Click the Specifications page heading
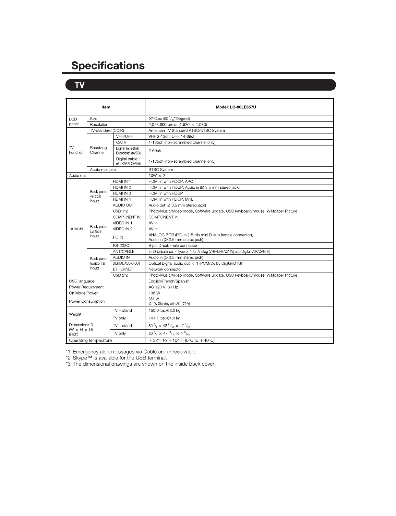[108, 66]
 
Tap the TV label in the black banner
[79, 85]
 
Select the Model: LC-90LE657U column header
[236, 107]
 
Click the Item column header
[106, 107]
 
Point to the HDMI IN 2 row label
[122, 187]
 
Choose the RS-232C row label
[121, 245]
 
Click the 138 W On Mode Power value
[154, 293]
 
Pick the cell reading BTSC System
[161, 170]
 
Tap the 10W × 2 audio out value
[157, 176]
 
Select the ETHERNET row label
[123, 269]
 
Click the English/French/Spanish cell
[169, 281]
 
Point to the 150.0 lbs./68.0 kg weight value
[164, 310]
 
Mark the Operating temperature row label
[90, 340]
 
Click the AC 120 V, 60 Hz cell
[163, 287]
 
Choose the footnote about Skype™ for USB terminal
[116, 358]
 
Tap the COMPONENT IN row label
[126, 217]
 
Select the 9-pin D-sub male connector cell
[173, 245]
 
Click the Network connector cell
[165, 269]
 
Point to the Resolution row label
[99, 125]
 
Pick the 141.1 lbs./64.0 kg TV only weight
[164, 318]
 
